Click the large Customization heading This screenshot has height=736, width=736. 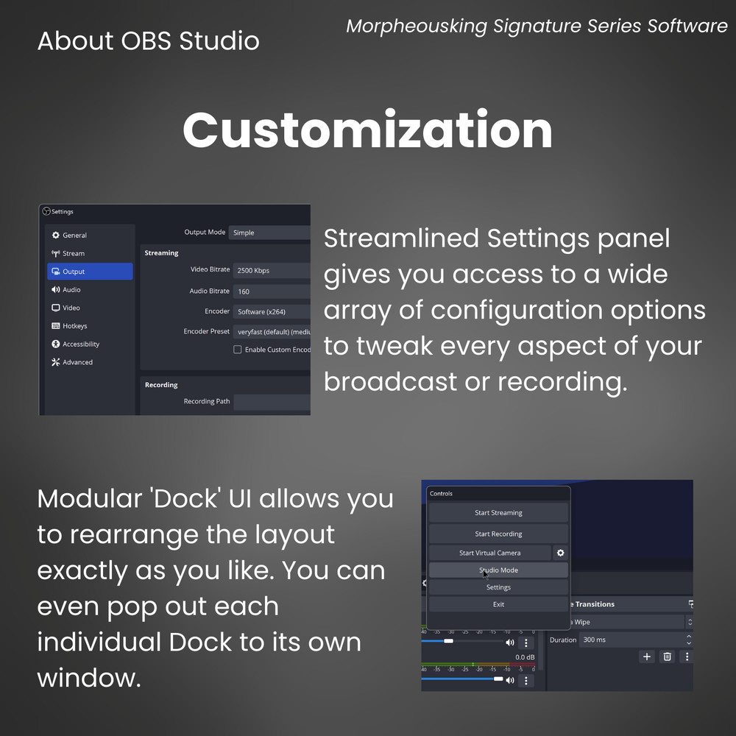(367, 130)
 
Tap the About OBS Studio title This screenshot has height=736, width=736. (148, 40)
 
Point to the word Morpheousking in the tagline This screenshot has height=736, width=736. (417, 26)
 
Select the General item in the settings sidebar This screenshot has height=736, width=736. (74, 236)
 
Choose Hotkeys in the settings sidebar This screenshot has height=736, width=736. (74, 326)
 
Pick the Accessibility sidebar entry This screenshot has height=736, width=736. (80, 344)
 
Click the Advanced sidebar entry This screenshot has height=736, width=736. (77, 362)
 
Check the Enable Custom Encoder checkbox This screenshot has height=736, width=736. (238, 350)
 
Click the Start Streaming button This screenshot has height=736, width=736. (498, 513)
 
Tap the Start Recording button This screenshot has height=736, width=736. (498, 534)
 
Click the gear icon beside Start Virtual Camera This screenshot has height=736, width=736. (560, 553)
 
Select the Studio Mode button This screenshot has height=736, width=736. (498, 570)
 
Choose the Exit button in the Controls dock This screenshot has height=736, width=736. (498, 604)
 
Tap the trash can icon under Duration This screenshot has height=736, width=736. (667, 657)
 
